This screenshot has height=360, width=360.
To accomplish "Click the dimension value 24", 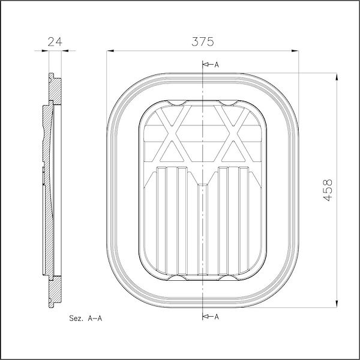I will coord(55,41).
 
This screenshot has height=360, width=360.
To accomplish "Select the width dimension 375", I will coord(203,41).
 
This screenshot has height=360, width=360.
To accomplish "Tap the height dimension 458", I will coord(327,190).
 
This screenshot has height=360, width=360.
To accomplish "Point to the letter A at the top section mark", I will coord(217,64).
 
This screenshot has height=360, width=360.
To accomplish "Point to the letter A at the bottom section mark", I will coord(217,316).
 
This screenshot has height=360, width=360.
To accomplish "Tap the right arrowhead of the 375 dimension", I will coord(296,52).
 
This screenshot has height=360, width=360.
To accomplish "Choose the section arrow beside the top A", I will coord(206,64).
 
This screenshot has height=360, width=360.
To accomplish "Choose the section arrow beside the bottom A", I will coord(206,316).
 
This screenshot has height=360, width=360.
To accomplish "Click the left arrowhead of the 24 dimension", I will coord(46,52).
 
